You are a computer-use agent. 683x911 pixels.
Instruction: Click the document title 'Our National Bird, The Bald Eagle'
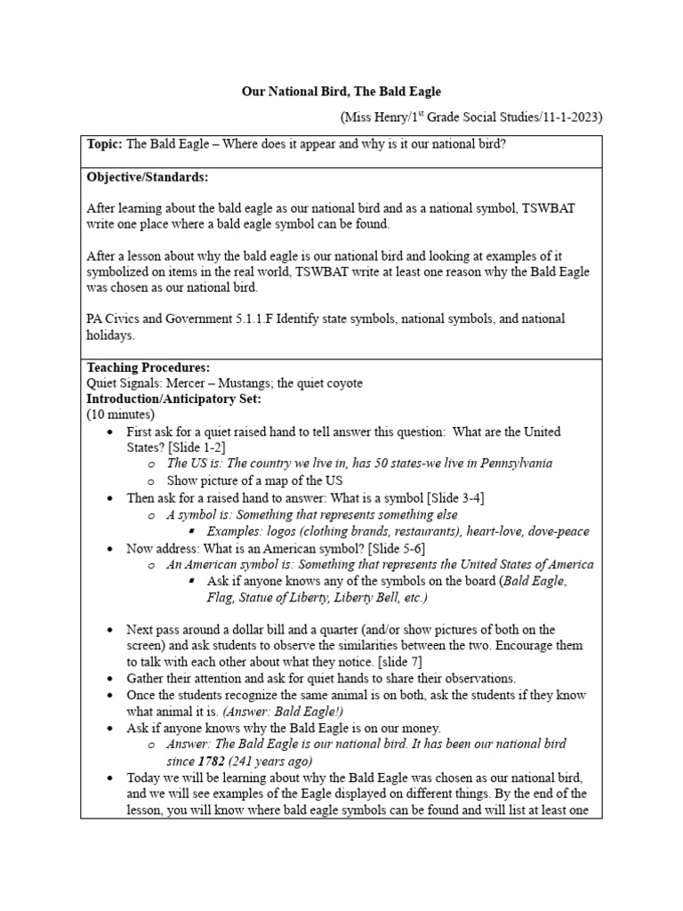pos(341,92)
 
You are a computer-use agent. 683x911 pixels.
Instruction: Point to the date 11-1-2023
pos(568,117)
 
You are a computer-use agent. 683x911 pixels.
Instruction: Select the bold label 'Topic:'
pos(105,144)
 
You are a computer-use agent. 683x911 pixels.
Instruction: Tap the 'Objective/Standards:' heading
pos(147,178)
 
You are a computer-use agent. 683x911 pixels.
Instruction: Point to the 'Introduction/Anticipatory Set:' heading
pos(173,399)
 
